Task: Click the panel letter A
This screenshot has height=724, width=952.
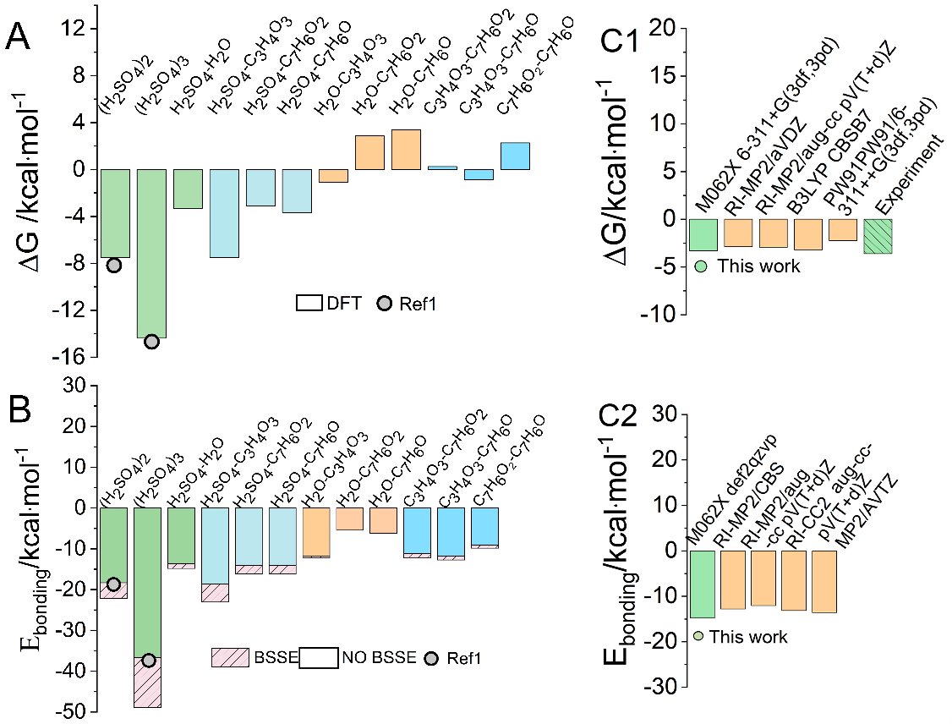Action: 23,38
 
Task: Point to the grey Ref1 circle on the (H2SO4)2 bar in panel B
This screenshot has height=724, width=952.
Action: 114,584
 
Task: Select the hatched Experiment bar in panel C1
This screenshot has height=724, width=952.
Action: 878,236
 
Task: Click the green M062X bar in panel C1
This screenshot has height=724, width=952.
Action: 703,234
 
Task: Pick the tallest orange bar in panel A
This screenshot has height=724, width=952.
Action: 406,150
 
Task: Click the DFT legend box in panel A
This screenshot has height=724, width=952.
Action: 309,303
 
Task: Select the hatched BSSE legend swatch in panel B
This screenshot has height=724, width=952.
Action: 230,656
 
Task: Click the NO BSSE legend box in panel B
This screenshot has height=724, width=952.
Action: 319,656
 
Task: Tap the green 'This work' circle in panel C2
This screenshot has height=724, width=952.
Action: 698,636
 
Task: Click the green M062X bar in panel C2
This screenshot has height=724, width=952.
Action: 702,584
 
